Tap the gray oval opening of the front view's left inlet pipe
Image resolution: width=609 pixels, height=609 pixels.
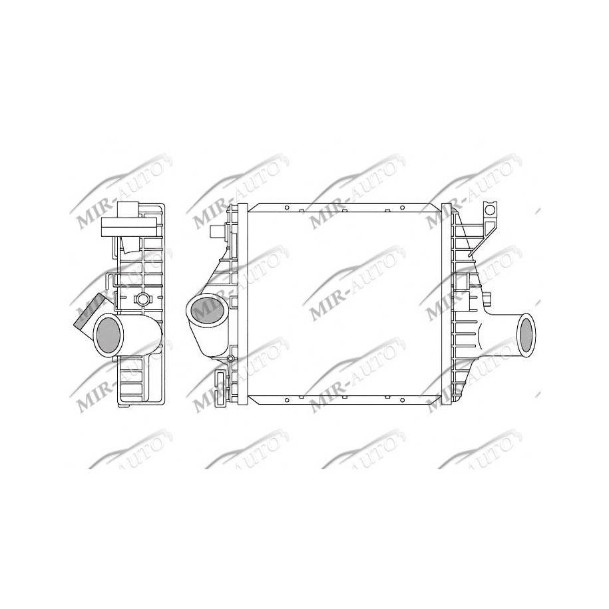(x=206, y=310)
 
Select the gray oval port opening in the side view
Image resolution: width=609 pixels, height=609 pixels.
(x=108, y=333)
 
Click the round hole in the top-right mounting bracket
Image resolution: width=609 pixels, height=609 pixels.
(x=491, y=211)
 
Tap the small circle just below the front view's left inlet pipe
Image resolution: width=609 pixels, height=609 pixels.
(x=230, y=359)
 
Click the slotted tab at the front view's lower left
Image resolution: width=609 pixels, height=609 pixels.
(x=220, y=385)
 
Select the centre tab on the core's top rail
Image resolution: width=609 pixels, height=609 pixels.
(x=343, y=210)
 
